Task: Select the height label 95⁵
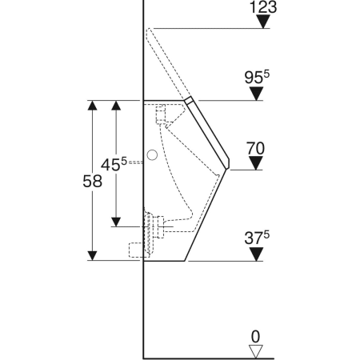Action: point(255,78)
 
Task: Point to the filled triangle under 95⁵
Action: point(255,94)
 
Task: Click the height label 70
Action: point(255,148)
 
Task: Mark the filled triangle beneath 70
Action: point(255,163)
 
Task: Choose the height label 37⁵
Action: point(255,238)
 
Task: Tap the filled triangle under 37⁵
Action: point(255,254)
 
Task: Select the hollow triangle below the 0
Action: point(255,350)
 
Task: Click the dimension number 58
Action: point(93,182)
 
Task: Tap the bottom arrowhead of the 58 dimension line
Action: point(93,255)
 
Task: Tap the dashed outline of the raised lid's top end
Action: point(150,33)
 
